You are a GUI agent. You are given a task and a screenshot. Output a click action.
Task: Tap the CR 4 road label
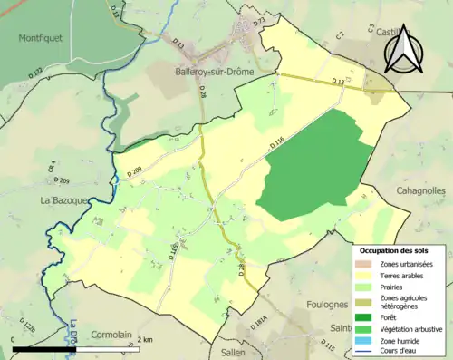tap(53, 167)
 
